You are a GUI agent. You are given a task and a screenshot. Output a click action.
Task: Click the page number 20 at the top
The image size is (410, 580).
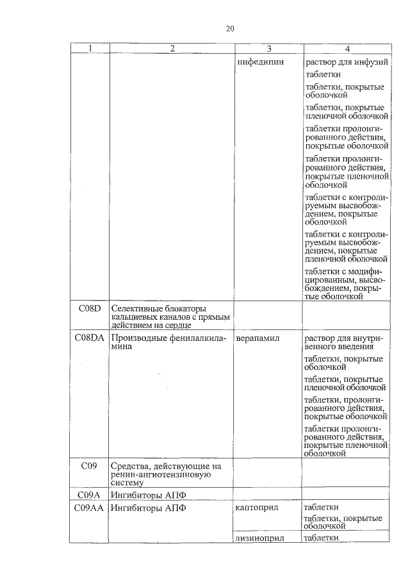click(x=231, y=28)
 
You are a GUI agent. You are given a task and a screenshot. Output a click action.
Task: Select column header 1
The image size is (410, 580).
click(x=90, y=49)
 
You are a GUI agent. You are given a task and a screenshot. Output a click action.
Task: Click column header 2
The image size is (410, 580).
click(x=172, y=49)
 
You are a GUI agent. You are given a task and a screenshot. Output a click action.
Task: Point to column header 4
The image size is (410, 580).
click(x=347, y=49)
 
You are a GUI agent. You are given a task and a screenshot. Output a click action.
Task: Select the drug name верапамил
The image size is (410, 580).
click(x=257, y=337)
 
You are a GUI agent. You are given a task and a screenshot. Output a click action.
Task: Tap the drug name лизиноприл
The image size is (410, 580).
click(x=259, y=538)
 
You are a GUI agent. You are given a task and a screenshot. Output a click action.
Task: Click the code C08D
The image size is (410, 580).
click(x=90, y=308)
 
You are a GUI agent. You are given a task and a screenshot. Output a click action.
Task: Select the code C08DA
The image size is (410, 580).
click(x=90, y=337)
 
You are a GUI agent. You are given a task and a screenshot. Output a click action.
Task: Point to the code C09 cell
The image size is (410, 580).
click(x=90, y=466)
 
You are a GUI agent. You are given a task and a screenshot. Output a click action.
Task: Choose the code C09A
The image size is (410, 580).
click(x=90, y=495)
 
